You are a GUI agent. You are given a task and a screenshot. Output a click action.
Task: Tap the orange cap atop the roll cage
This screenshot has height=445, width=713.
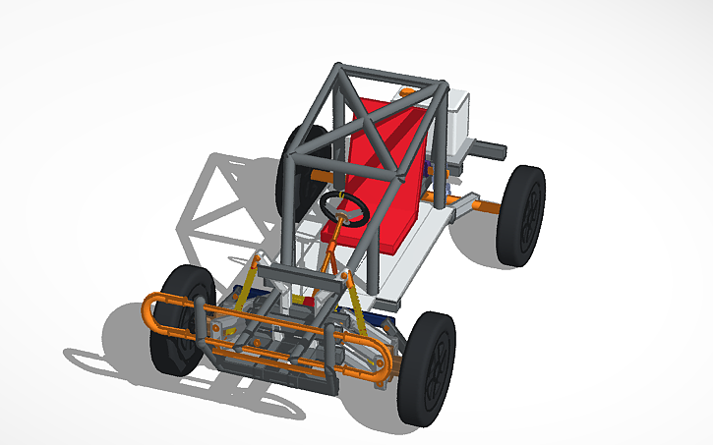(x=408, y=90)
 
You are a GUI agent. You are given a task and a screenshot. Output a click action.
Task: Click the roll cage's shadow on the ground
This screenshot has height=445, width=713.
(x=221, y=196)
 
